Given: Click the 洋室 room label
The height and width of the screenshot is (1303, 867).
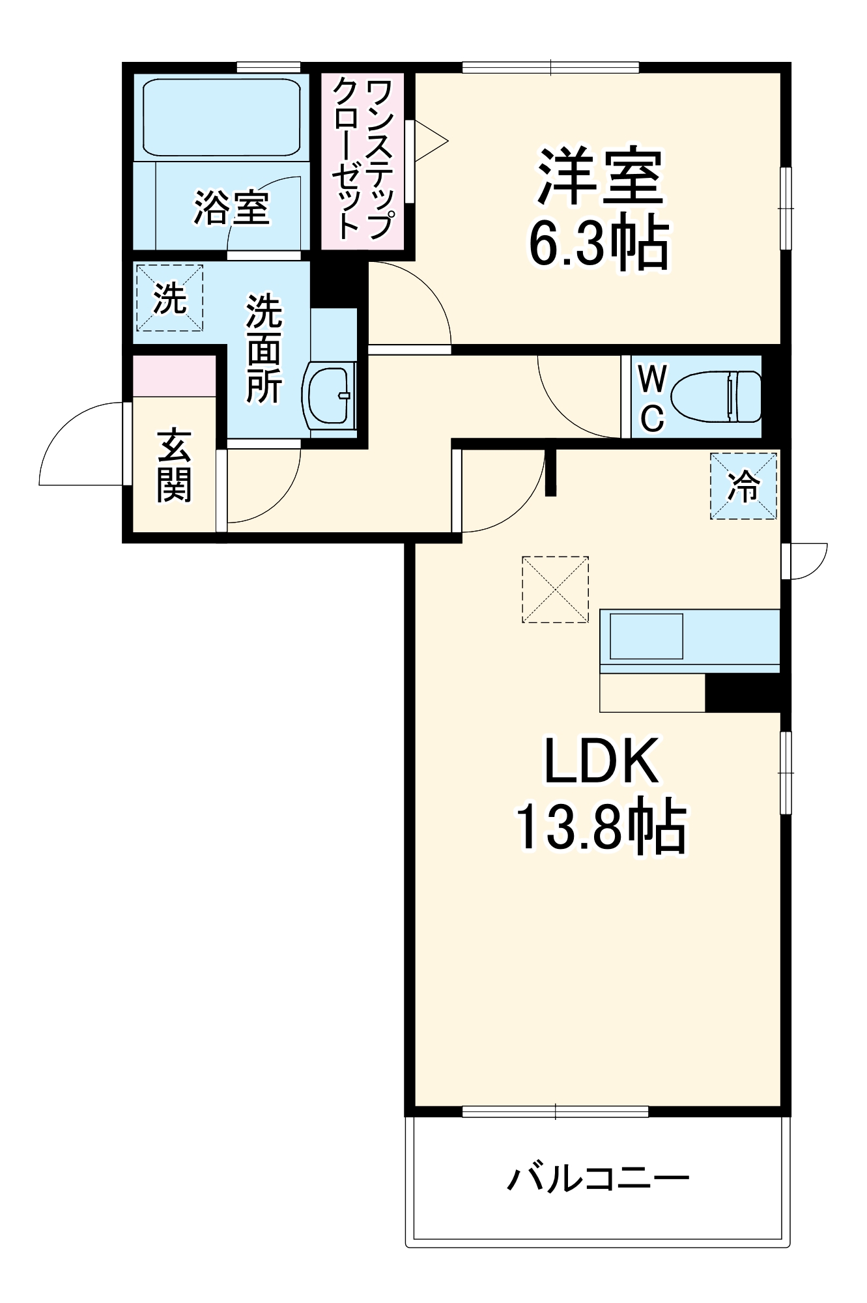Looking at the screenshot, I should tap(599, 177).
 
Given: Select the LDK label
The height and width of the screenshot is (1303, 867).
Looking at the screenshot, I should tap(601, 761).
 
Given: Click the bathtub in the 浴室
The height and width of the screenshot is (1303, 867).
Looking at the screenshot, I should tap(221, 117).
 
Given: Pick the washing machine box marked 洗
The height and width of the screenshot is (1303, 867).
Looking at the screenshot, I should tap(169, 298).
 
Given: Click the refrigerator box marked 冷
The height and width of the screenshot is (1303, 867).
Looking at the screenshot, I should tap(743, 486).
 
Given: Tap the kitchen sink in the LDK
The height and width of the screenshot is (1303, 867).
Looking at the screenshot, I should tap(646, 636).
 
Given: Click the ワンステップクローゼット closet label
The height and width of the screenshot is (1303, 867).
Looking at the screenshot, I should tap(362, 159).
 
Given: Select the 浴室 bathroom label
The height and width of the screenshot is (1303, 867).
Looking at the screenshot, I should tap(231, 208).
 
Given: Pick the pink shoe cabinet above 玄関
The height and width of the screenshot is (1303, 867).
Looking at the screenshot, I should tap(174, 376).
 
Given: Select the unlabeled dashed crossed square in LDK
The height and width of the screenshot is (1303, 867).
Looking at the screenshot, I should tap(555, 589).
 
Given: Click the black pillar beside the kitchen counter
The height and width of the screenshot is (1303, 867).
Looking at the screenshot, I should tap(743, 693).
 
